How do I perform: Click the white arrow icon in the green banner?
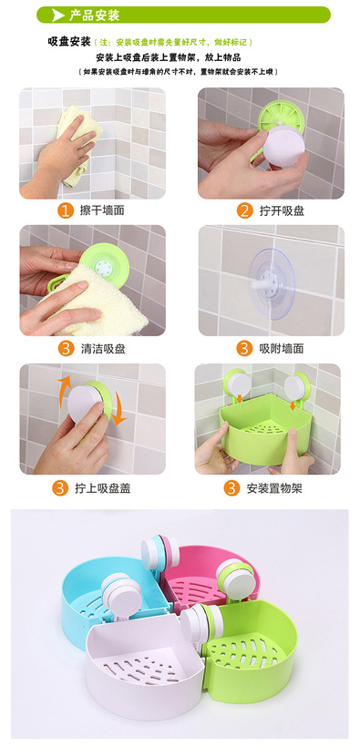click(58, 15)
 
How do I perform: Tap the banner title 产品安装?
click(94, 15)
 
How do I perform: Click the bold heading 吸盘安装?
click(68, 42)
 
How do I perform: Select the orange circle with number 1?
click(66, 210)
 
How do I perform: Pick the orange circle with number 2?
click(244, 210)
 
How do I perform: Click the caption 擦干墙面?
click(102, 210)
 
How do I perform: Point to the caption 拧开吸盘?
click(282, 210)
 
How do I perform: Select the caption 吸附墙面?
click(282, 348)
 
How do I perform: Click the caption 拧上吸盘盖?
click(102, 488)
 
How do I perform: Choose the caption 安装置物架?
click(274, 488)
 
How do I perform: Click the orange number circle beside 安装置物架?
click(231, 488)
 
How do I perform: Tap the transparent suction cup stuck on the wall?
click(272, 282)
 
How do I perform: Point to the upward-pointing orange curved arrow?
click(64, 391)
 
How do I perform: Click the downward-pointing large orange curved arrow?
click(118, 410)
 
